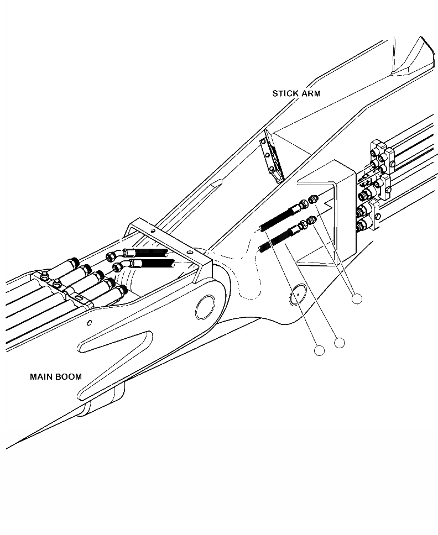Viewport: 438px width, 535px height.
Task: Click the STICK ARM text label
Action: coord(296,93)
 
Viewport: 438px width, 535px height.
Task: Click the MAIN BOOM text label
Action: coord(55,377)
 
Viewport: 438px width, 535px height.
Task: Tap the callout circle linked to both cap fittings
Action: coord(357,298)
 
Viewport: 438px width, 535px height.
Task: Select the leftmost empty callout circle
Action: coord(318,350)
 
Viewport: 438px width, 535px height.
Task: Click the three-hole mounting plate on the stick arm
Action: coord(272,158)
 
